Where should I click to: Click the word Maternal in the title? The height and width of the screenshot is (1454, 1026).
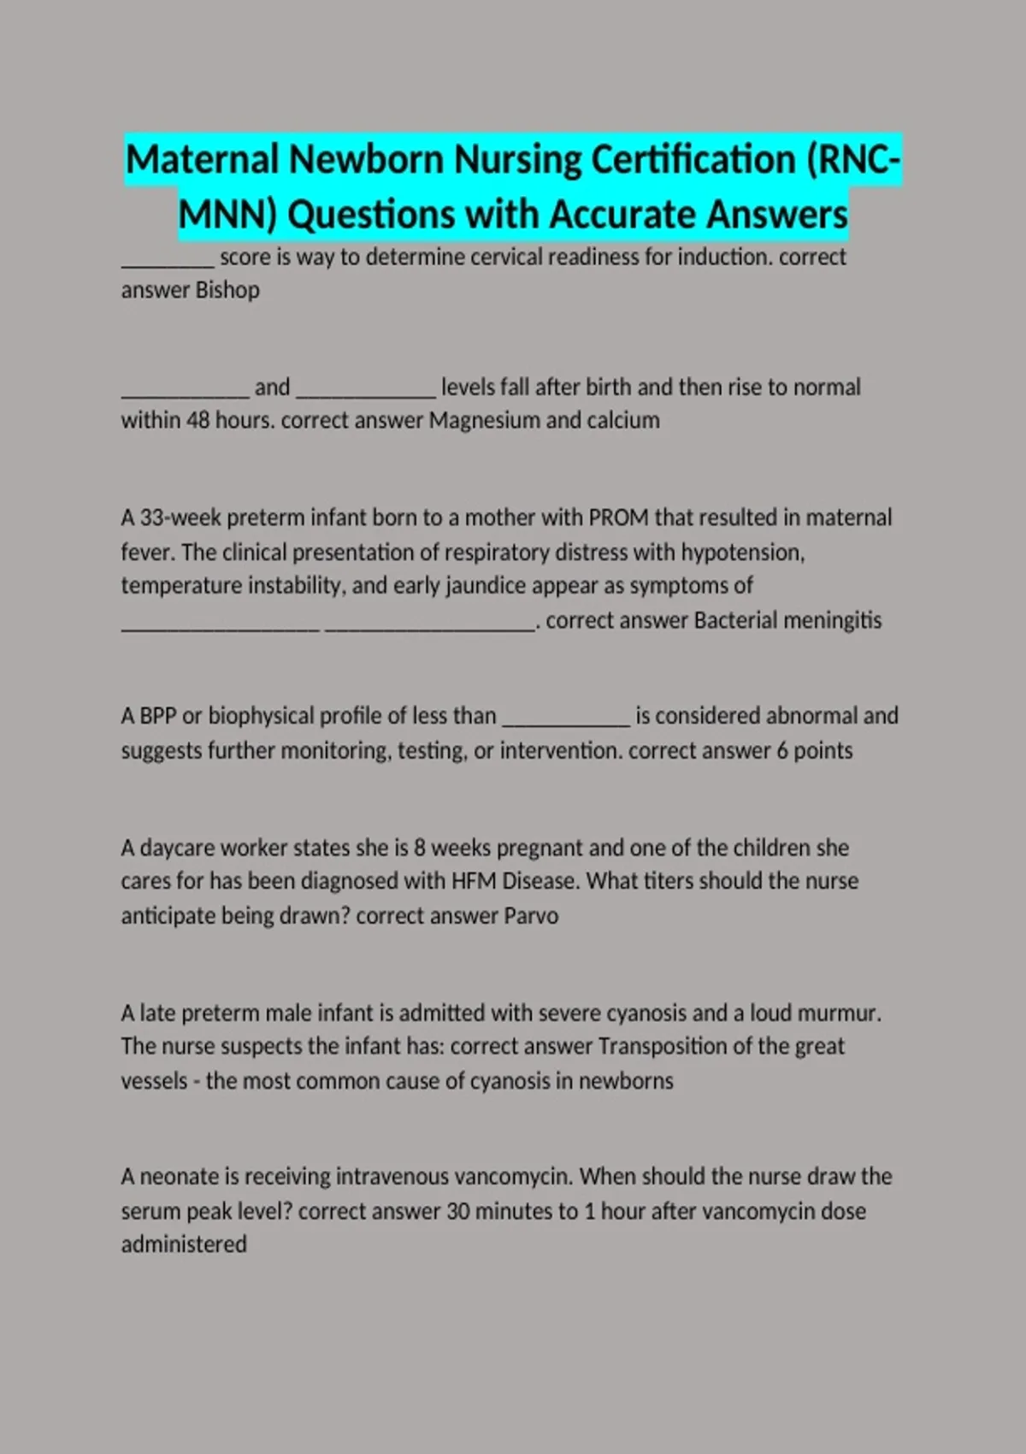click(202, 160)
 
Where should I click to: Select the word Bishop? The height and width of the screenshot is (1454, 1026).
click(227, 291)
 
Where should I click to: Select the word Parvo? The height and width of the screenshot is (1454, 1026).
click(531, 916)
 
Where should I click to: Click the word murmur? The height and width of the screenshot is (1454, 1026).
click(838, 1014)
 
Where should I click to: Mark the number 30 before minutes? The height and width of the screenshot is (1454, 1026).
click(457, 1212)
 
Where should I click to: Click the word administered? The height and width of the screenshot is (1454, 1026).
click(184, 1244)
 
